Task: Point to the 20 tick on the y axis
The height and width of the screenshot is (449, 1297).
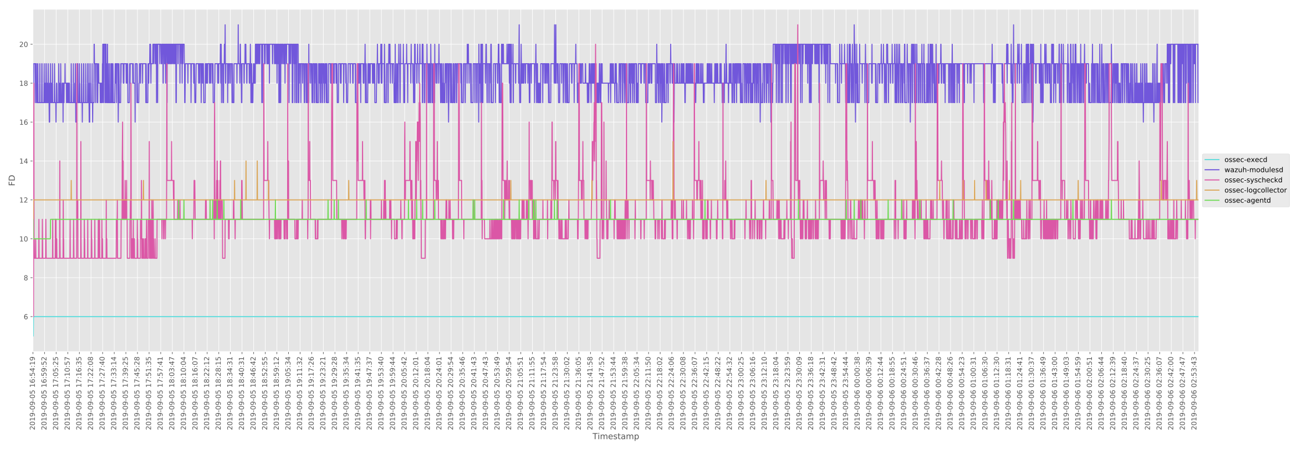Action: [x=23, y=44]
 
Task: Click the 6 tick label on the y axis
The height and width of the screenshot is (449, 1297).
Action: [x=25, y=317]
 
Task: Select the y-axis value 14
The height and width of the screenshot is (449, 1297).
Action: [x=23, y=161]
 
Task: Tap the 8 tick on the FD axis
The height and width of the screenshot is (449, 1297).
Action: [x=25, y=278]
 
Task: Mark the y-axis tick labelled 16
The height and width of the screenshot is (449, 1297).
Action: [x=23, y=123]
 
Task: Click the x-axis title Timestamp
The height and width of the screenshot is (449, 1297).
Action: [x=615, y=437]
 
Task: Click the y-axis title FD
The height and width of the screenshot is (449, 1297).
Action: [x=12, y=180]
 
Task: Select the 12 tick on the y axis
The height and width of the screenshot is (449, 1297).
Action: [x=23, y=200]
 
